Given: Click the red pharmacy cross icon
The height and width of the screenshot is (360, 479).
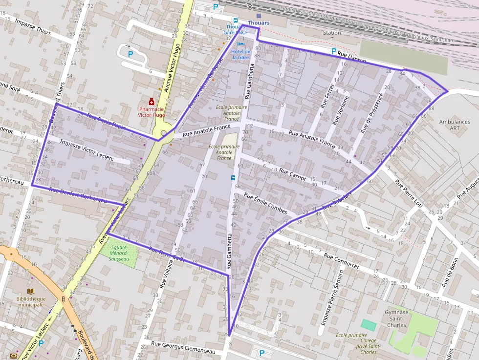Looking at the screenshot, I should tap(152, 101).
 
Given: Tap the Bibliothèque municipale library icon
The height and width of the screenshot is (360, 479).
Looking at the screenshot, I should tap(31, 291).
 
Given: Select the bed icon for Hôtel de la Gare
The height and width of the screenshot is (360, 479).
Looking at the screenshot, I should tap(240, 44).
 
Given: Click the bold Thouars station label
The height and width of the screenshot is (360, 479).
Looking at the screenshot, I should tap(259, 23).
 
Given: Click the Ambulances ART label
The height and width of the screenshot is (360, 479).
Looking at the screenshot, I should tap(455, 125).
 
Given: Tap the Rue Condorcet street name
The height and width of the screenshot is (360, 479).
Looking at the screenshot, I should tap(341, 262).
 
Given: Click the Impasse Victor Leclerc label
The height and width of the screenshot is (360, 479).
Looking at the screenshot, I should tap(87, 150).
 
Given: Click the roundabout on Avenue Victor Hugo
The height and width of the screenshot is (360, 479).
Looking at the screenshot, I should tap(164, 133).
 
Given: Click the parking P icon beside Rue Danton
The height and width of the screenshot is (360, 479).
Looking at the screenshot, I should tap(334, 51).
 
